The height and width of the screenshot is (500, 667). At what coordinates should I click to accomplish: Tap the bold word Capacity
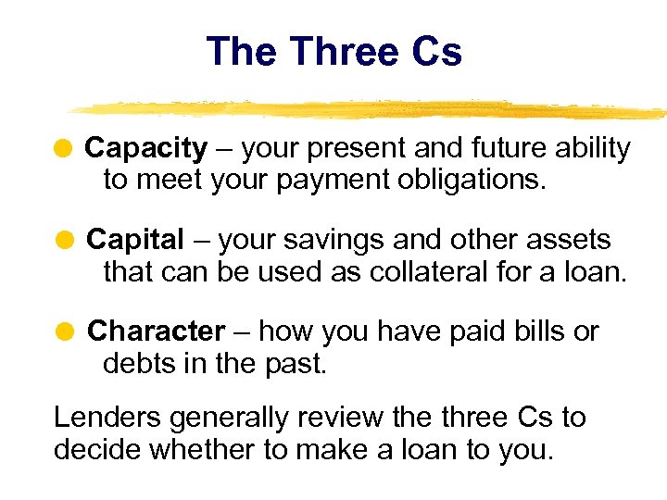coord(145,148)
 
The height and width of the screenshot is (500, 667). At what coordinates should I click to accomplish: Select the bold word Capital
coord(135,240)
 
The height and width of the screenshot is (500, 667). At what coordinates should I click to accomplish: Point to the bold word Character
coord(156,331)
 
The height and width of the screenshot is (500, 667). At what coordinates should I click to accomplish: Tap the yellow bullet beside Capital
coord(65,240)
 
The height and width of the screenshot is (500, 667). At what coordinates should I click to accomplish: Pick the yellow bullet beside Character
coord(65,331)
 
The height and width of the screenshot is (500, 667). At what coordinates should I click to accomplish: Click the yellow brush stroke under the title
coord(371,108)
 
